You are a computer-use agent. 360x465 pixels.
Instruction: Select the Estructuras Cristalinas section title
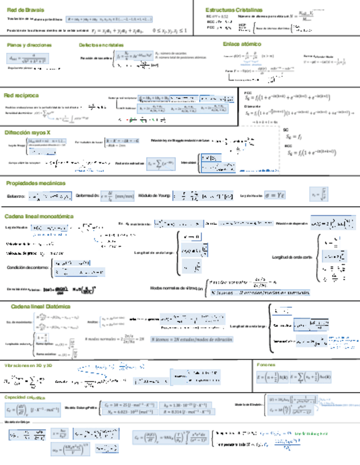pyautogui.click(x=234, y=10)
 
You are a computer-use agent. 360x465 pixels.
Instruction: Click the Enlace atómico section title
pyautogui.click(x=243, y=43)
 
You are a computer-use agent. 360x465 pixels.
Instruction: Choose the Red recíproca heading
pyautogui.click(x=21, y=95)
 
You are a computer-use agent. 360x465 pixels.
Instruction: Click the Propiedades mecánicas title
pyautogui.click(x=36, y=183)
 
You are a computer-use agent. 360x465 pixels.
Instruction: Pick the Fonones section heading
pyautogui.click(x=266, y=365)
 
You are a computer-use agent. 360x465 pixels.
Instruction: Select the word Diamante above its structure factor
pyautogui.click(x=252, y=106)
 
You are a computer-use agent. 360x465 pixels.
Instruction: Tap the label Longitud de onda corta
pyautogui.click(x=292, y=257)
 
